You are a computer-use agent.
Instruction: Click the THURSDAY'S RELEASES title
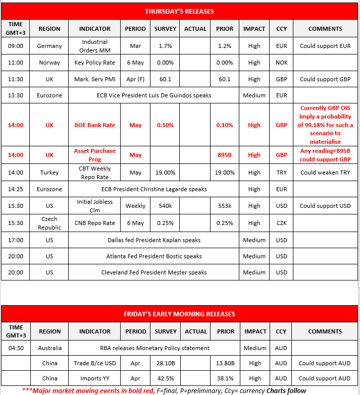pyautogui.click(x=179, y=11)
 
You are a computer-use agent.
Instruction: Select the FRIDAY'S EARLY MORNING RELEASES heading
pyautogui.click(x=179, y=314)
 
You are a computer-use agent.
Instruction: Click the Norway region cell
pyautogui.click(x=49, y=63)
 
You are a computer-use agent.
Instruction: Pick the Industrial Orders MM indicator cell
pyautogui.click(x=94, y=46)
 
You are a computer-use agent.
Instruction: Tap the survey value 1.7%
pyautogui.click(x=165, y=46)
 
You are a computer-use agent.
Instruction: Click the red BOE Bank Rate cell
pyautogui.click(x=94, y=125)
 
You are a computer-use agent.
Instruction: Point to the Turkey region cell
pyautogui.click(x=49, y=173)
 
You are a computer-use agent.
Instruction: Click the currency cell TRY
pyautogui.click(x=281, y=173)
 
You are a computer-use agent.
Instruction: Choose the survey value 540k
pyautogui.click(x=165, y=206)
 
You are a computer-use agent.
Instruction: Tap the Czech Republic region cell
pyautogui.click(x=49, y=223)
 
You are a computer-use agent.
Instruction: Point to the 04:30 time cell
pyautogui.click(x=16, y=348)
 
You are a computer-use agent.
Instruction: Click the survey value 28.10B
pyautogui.click(x=165, y=363)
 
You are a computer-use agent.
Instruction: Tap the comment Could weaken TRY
pyautogui.click(x=325, y=173)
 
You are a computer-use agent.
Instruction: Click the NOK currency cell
pyautogui.click(x=281, y=63)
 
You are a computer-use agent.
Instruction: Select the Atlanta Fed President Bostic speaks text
pyautogui.click(x=154, y=256)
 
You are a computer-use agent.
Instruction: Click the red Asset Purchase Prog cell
pyautogui.click(x=94, y=155)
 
